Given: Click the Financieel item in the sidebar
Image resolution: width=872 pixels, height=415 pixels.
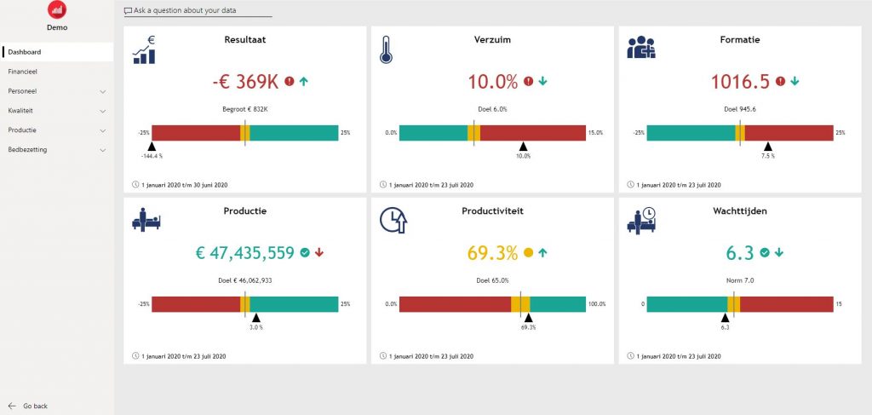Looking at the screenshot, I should click(x=23, y=72).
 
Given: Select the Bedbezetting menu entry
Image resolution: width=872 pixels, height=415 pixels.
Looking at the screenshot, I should click(x=28, y=149).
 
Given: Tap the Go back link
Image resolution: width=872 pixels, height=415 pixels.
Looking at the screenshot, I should click(x=35, y=406).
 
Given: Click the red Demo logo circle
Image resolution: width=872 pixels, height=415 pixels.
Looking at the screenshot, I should click(x=57, y=10).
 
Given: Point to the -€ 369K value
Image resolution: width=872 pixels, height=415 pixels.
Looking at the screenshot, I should click(x=245, y=82).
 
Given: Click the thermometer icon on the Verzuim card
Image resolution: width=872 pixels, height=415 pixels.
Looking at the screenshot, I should click(x=386, y=50).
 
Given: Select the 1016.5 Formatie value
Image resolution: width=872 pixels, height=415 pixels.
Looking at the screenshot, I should click(x=740, y=82).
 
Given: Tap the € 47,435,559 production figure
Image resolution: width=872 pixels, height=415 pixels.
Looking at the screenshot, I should click(x=244, y=253).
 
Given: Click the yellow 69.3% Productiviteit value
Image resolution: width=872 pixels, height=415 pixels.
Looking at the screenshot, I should click(x=492, y=253).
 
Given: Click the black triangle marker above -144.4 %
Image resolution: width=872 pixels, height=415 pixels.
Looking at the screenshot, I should click(x=152, y=147).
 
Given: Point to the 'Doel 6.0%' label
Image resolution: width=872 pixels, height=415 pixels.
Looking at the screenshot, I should click(x=492, y=109).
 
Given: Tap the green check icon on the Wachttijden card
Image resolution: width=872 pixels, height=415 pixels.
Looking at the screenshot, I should click(x=764, y=252).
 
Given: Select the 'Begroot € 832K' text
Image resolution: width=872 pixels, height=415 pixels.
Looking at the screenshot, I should click(x=244, y=109).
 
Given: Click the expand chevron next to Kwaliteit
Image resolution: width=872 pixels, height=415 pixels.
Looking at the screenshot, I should click(x=103, y=111).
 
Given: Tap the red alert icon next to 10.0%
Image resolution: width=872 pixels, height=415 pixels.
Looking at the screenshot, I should click(x=528, y=82).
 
